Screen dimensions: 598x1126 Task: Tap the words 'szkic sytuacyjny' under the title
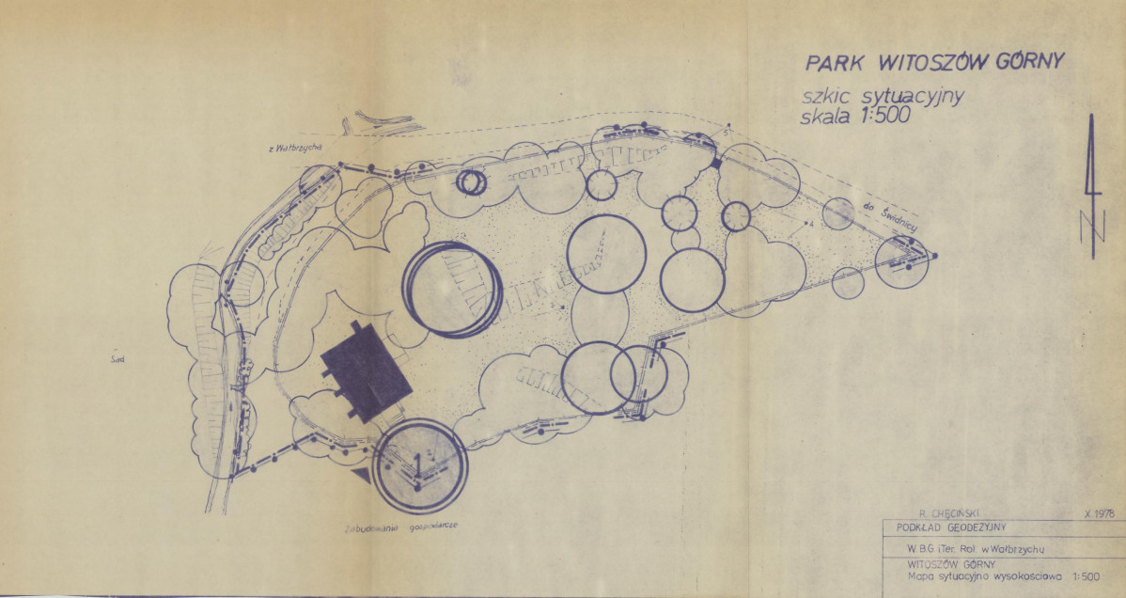pyautogui.click(x=880, y=98)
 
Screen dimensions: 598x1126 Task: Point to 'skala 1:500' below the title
pyautogui.click(x=849, y=118)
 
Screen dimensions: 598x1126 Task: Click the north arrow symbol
pyautogui.click(x=1092, y=187)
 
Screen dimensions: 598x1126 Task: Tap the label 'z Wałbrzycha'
pyautogui.click(x=296, y=149)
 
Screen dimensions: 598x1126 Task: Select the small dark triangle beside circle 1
pyautogui.click(x=361, y=477)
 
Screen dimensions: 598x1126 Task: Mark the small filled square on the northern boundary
pyautogui.click(x=715, y=164)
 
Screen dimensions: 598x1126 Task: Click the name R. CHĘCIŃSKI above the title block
pyautogui.click(x=949, y=513)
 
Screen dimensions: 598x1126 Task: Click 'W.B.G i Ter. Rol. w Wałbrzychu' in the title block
pyautogui.click(x=968, y=548)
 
